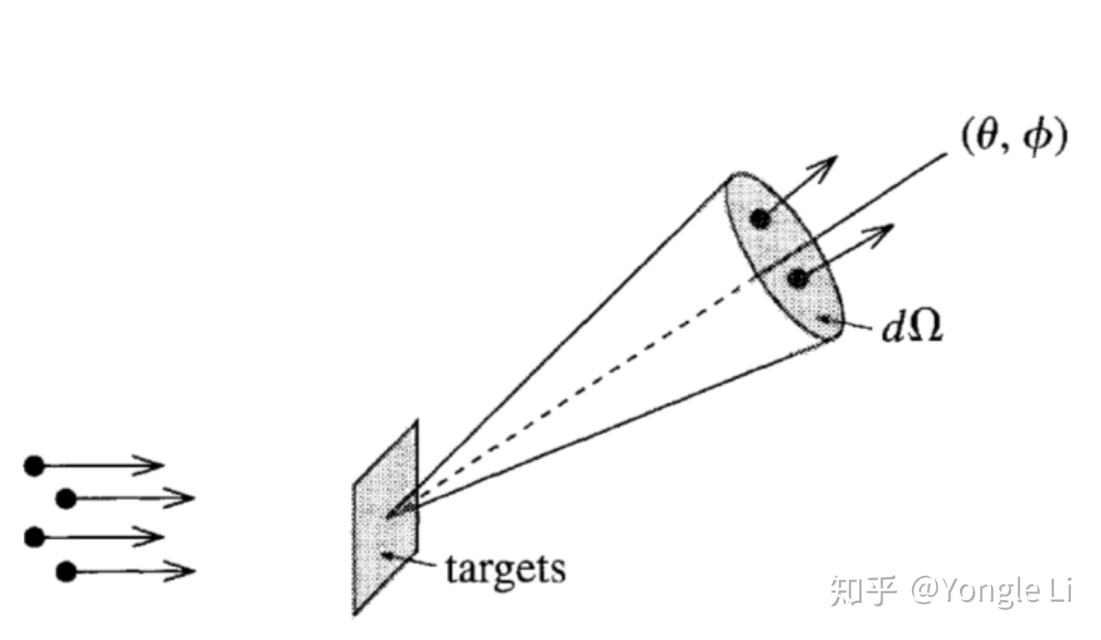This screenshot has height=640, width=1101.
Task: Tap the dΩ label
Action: coord(912,326)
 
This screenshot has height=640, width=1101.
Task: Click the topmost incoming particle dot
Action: coord(34,465)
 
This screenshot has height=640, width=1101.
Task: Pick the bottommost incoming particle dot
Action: coord(66,572)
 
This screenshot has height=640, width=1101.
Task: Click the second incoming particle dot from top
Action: coord(66,498)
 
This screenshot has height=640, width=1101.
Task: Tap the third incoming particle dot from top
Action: coord(34,537)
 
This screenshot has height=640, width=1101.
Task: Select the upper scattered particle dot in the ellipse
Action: coord(760,219)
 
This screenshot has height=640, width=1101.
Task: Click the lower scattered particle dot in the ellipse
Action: coord(797,279)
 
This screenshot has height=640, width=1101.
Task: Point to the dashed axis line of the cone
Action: coord(578,399)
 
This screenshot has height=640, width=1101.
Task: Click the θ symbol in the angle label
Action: coord(985,139)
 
